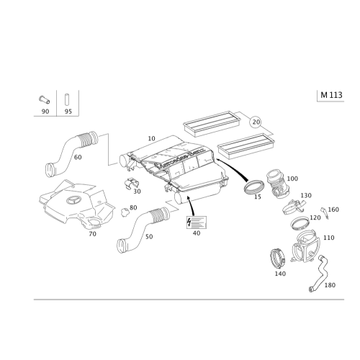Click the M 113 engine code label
point(331,95)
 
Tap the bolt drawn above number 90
point(45,99)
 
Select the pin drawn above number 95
point(66,99)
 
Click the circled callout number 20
point(256,122)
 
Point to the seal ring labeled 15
point(255,186)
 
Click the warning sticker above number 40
point(197,222)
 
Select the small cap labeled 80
point(125,212)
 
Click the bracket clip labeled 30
point(132,184)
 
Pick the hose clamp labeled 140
point(278,258)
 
